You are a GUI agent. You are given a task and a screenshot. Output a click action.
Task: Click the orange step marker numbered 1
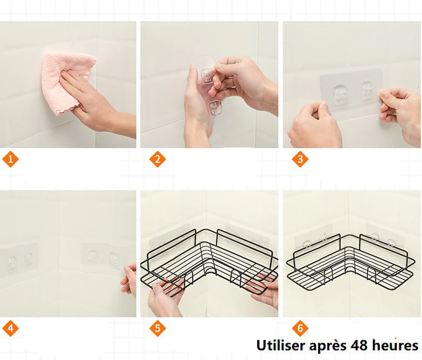point(11,159)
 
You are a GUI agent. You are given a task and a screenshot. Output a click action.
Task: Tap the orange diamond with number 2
point(158,159)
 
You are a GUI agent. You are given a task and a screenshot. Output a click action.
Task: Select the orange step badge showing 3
point(300,159)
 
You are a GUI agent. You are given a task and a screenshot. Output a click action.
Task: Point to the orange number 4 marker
point(11,328)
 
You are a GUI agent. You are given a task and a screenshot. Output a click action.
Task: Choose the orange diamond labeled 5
point(158,328)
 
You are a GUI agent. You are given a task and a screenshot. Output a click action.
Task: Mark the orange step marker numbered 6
point(300,328)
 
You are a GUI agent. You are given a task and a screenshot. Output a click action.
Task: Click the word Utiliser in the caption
point(281,345)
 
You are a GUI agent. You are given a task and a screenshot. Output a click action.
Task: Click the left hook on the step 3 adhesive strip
point(340,94)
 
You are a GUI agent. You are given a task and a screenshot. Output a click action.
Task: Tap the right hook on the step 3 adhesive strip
point(368,90)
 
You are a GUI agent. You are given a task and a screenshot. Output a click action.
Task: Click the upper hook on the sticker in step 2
point(207,76)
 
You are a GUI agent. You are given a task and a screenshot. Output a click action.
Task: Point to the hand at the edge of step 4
point(129,279)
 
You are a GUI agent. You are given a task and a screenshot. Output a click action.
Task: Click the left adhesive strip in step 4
point(19,260)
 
